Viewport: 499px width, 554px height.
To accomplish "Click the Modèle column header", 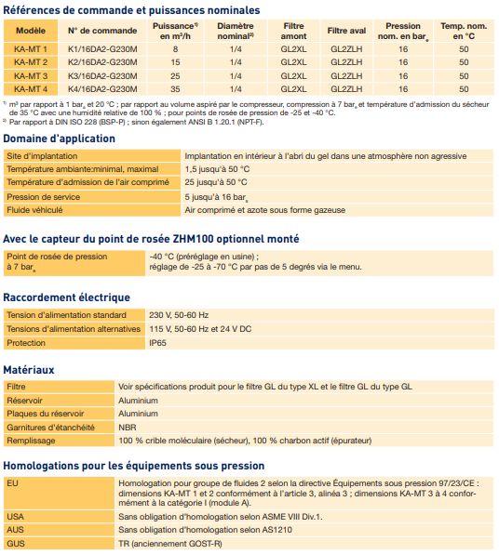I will pyautogui.click(x=31, y=31).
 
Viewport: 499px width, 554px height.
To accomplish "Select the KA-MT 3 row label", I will pyautogui.click(x=31, y=74).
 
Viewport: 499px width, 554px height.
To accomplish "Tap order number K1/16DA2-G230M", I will pyautogui.click(x=102, y=47).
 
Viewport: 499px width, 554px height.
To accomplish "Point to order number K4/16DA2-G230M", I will pyautogui.click(x=102, y=88).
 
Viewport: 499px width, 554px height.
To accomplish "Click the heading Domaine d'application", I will pyautogui.click(x=59, y=138).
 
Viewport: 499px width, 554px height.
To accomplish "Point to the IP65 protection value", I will pyautogui.click(x=158, y=342).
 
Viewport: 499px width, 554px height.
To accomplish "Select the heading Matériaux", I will pyautogui.click(x=29, y=370).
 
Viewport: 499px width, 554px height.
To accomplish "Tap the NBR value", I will pyautogui.click(x=128, y=427).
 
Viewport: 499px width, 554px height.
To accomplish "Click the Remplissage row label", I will pyautogui.click(x=32, y=440).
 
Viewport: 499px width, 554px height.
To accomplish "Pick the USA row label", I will pyautogui.click(x=15, y=516).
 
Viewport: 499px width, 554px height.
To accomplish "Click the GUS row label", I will pyautogui.click(x=15, y=543).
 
